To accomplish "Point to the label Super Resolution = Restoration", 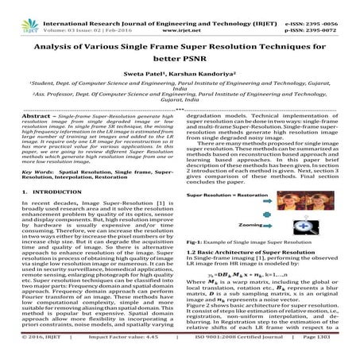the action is pos(233,194).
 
